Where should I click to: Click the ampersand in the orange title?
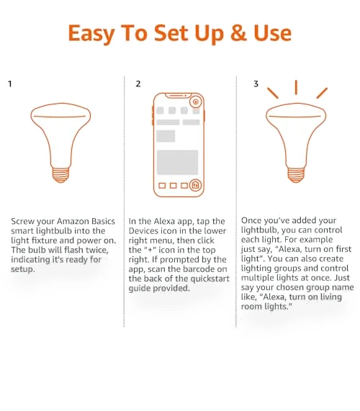point(238,33)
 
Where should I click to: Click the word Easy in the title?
point(91,34)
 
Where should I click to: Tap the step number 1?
point(10,84)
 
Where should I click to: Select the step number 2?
point(138,84)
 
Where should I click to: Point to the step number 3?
point(256,84)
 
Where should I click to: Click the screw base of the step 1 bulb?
point(60,175)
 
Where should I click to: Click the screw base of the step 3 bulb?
point(296,175)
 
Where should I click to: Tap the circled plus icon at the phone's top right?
point(195,101)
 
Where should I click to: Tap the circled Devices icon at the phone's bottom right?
point(195,185)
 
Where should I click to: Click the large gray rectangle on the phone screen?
point(177,162)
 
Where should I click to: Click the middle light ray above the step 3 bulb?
point(296,87)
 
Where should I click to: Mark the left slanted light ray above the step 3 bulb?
point(273,93)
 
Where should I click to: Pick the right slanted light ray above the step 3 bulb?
point(322,93)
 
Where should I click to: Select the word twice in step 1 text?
point(96,250)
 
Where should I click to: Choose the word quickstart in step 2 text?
point(210,279)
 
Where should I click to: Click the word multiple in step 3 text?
point(258,278)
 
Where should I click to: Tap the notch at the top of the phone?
point(178,96)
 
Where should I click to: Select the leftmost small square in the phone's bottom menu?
point(162,186)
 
